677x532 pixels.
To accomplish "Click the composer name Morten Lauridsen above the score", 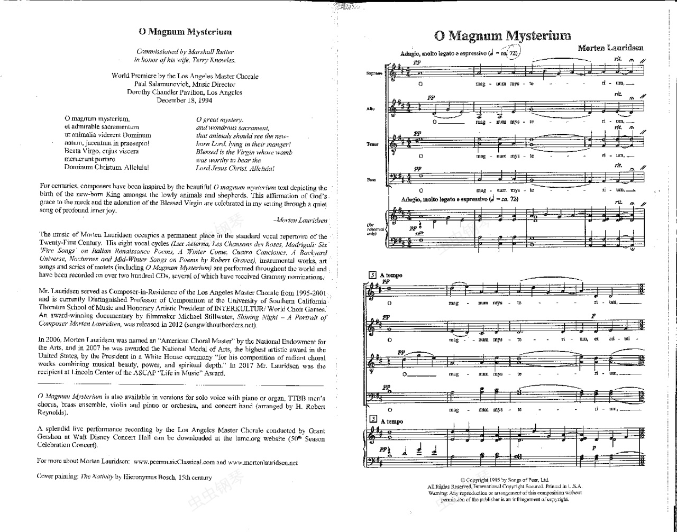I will tap(610, 48).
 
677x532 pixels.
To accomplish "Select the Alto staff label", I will tap(371, 108).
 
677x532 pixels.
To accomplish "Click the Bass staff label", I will tap(371, 180).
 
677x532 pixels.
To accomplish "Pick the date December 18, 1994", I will tap(185, 99).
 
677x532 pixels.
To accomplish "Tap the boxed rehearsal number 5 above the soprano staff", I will tap(372, 275).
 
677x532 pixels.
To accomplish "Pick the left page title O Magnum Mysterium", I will tap(185, 32).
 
